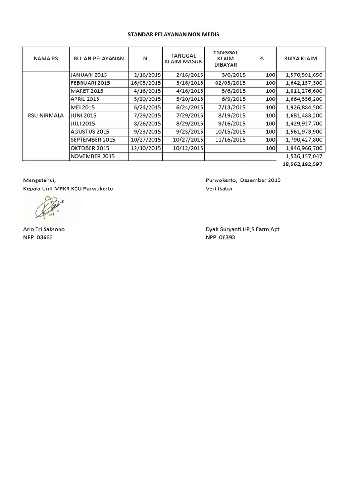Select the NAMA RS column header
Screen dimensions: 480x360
pos(45,59)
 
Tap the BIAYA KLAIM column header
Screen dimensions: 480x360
pos(300,59)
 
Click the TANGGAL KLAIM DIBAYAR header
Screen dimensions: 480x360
pos(226,59)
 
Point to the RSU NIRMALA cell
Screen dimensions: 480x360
pos(45,115)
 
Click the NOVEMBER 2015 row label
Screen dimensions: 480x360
pos(92,156)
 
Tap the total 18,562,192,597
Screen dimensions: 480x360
pos(302,165)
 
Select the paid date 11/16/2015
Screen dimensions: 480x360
pos(230,139)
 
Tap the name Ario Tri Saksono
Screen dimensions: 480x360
pos(44,229)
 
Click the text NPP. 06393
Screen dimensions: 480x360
pos(220,237)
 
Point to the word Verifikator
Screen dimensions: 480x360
pos(219,188)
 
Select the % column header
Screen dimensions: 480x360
pos(261,59)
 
